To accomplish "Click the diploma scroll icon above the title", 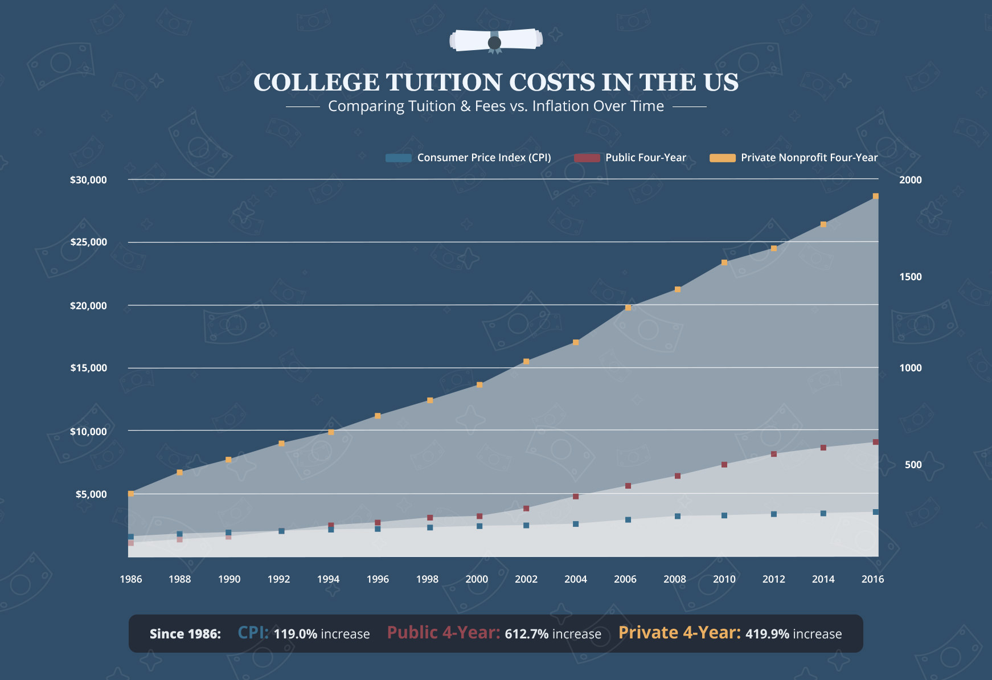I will [x=495, y=40].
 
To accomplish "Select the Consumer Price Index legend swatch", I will [x=398, y=158].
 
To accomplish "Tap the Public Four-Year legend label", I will [x=646, y=158].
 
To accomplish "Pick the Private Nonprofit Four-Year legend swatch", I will [x=722, y=158].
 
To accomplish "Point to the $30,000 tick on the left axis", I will [x=88, y=180].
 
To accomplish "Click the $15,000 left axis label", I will [x=88, y=368].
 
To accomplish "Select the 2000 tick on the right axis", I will [x=910, y=180].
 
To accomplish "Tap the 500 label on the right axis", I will [x=913, y=465].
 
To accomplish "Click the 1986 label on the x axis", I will [x=131, y=579].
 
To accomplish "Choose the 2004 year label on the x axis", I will [x=576, y=579].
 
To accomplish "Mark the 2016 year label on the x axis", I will [x=872, y=579].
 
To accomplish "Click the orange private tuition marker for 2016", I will [x=876, y=196].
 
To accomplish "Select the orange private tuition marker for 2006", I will [x=628, y=308].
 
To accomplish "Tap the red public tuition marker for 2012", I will [x=774, y=454].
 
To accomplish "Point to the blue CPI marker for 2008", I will [x=678, y=517].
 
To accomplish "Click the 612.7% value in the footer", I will [x=527, y=634].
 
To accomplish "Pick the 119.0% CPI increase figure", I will [x=295, y=634].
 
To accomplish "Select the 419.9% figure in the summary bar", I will [x=767, y=634].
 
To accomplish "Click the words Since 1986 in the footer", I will [x=185, y=634].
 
